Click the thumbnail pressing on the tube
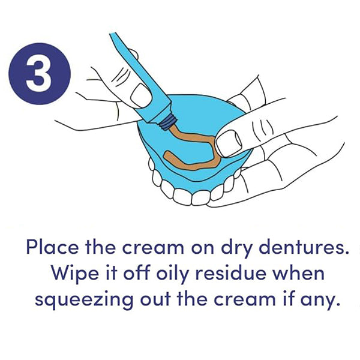click(140, 95)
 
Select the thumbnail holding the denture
click(229, 143)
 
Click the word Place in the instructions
click(52, 247)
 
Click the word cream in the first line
click(153, 248)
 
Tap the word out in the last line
click(155, 299)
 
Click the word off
click(137, 273)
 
